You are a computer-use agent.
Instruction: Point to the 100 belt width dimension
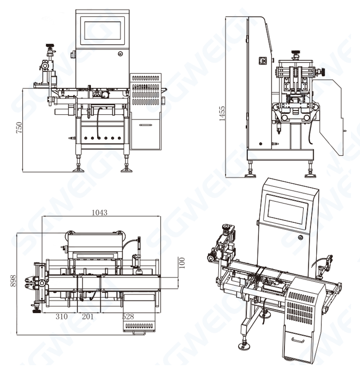coord(181,262)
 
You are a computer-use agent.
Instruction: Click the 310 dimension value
coord(61,317)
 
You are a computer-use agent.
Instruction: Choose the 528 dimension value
coord(128,317)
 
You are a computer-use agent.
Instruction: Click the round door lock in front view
coord(120,53)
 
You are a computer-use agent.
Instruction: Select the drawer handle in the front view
coord(145,125)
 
